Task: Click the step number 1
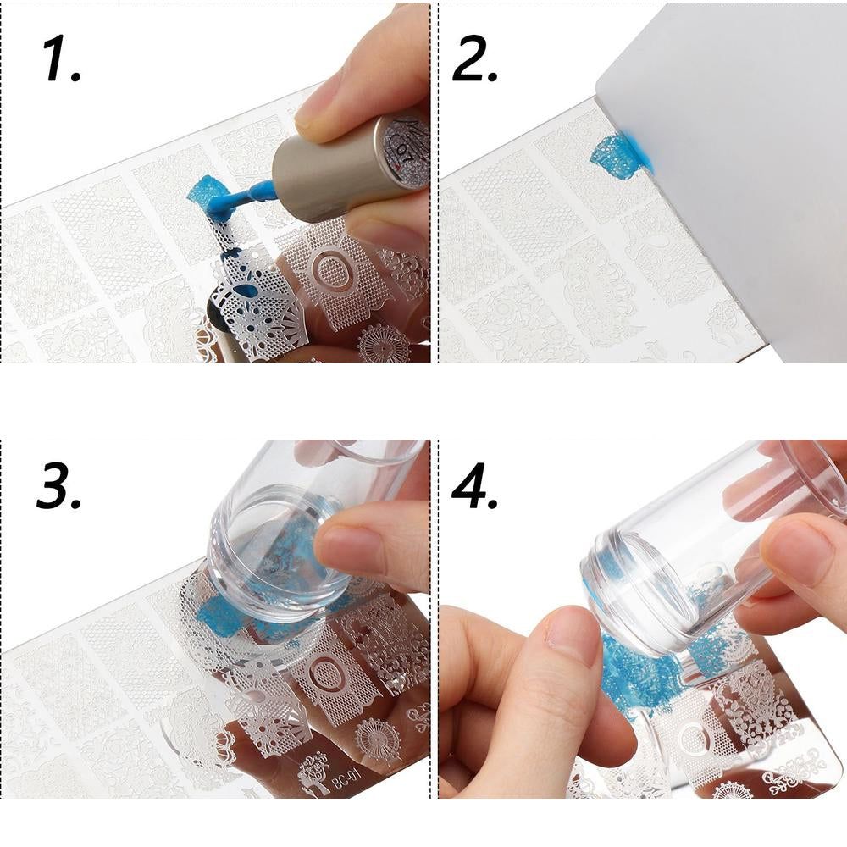60,58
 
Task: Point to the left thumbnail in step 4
573,627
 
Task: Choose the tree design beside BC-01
314,776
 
